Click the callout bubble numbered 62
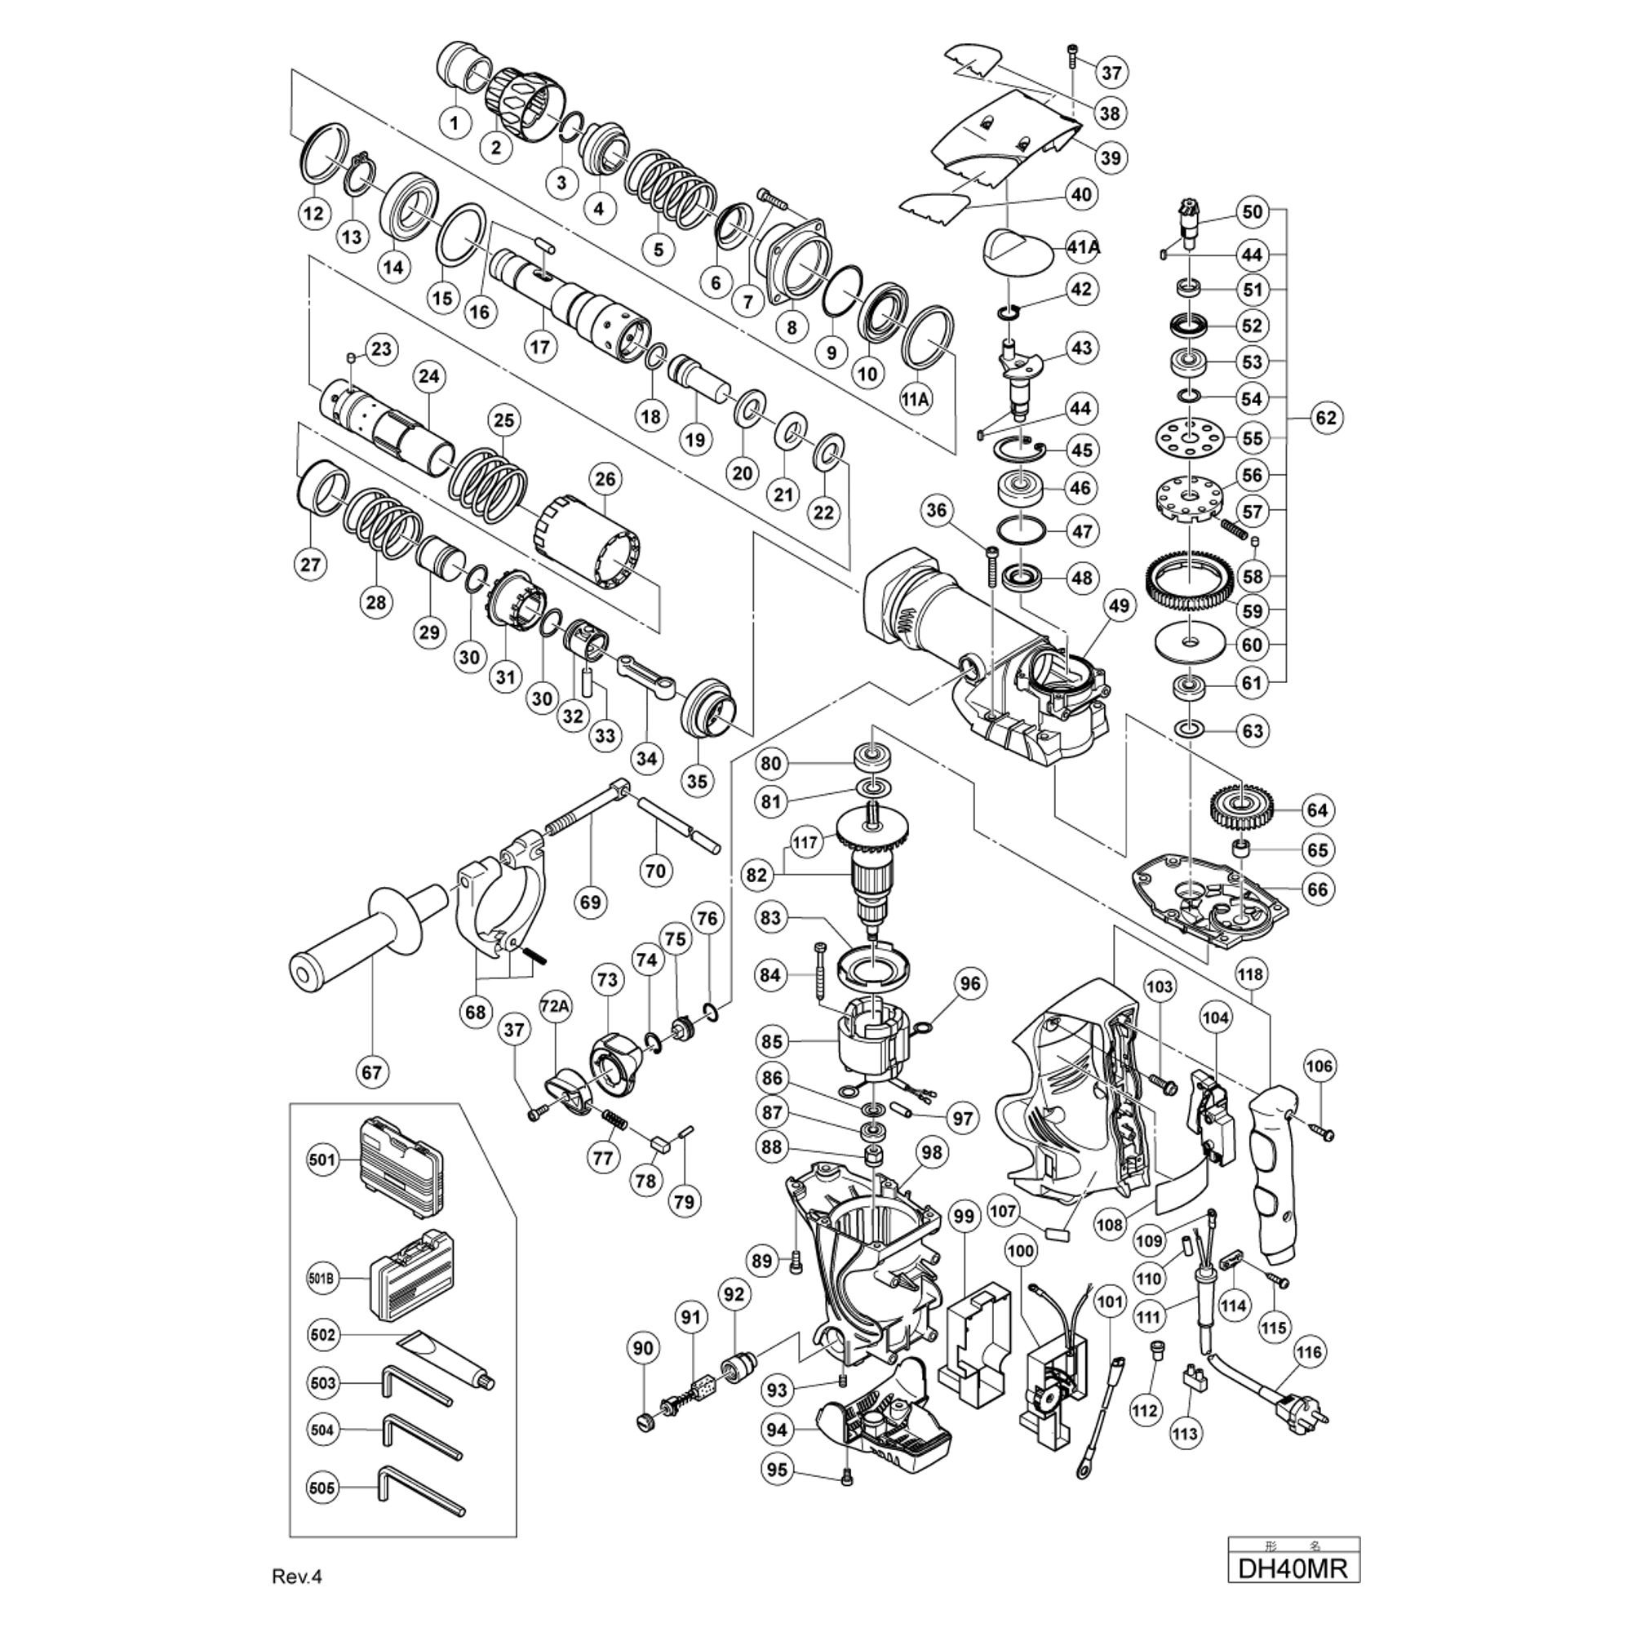click(1326, 417)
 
